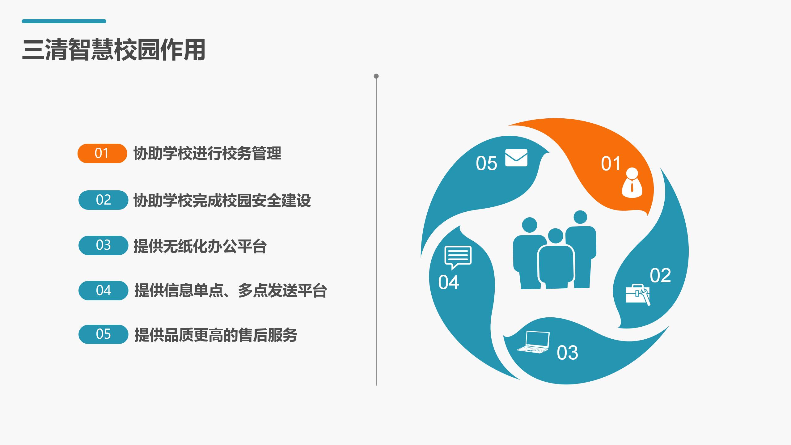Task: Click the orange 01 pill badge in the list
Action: click(x=102, y=153)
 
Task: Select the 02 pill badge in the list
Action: click(x=103, y=200)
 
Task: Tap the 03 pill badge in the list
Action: click(x=103, y=245)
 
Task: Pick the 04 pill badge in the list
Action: click(x=103, y=290)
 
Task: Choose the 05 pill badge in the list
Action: click(x=103, y=334)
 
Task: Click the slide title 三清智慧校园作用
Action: click(x=114, y=50)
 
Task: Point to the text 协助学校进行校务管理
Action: click(x=207, y=153)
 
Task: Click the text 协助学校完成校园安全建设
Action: click(x=222, y=200)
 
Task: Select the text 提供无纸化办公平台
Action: click(x=200, y=246)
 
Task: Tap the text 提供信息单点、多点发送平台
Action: click(x=231, y=290)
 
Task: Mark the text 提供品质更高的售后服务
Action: click(x=216, y=335)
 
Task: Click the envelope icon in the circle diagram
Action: click(x=516, y=158)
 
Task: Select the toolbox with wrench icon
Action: click(x=638, y=295)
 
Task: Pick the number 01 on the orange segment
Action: click(x=611, y=164)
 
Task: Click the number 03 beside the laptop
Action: click(x=567, y=353)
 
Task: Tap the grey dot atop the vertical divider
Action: click(x=376, y=76)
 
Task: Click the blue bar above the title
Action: click(x=64, y=21)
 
